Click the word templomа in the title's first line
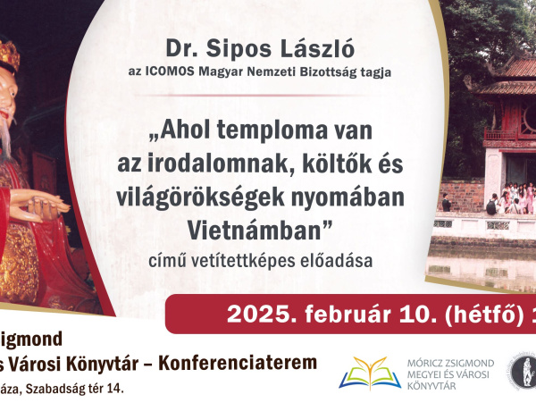(x=268, y=130)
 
